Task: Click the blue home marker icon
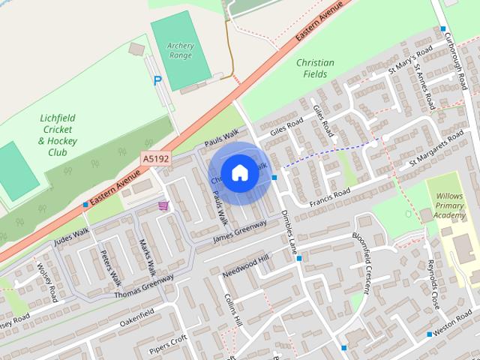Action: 239,173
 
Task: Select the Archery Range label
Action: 181,51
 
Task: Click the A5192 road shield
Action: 155,159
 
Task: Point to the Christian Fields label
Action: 315,69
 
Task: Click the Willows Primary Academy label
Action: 450,205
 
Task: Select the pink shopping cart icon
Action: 163,205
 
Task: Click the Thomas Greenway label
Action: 143,286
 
